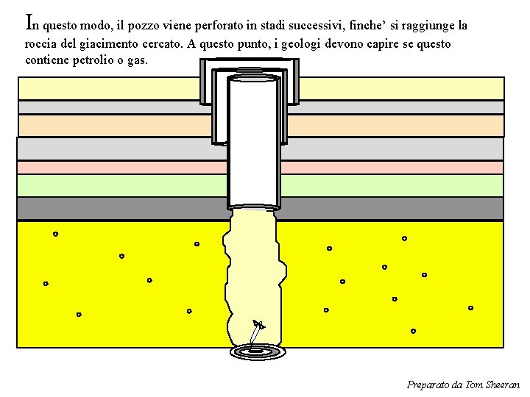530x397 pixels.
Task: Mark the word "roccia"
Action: click(40, 43)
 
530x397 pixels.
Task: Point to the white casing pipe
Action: click(254, 140)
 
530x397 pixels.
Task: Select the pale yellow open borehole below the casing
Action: click(254, 272)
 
